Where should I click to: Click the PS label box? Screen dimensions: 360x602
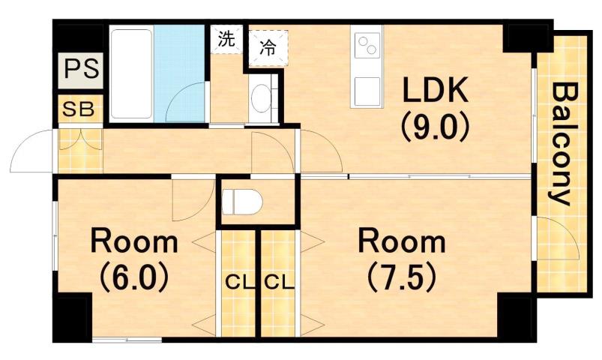pyautogui.click(x=79, y=69)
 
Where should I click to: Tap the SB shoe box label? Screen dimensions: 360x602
pyautogui.click(x=78, y=109)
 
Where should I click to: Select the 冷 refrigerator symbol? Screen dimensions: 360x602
pyautogui.click(x=267, y=47)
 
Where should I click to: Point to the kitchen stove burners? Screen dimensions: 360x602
pyautogui.click(x=368, y=46)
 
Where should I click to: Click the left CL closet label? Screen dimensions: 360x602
pyautogui.click(x=236, y=283)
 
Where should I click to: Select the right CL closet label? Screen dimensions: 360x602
pyautogui.click(x=277, y=283)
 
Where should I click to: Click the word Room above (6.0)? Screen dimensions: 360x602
pyautogui.click(x=135, y=242)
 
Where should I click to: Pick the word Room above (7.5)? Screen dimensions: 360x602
pyautogui.click(x=401, y=242)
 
